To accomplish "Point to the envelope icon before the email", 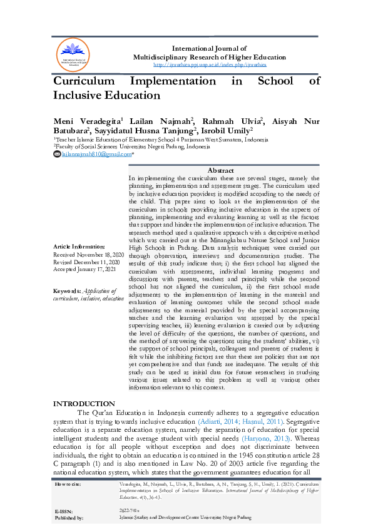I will point(57,153).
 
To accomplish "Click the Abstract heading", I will point(220,170).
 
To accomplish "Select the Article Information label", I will point(79,247).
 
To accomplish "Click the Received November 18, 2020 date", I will point(89,255).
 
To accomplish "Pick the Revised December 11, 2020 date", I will point(88,262).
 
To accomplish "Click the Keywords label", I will point(67,291).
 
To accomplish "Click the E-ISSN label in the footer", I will point(65,511).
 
